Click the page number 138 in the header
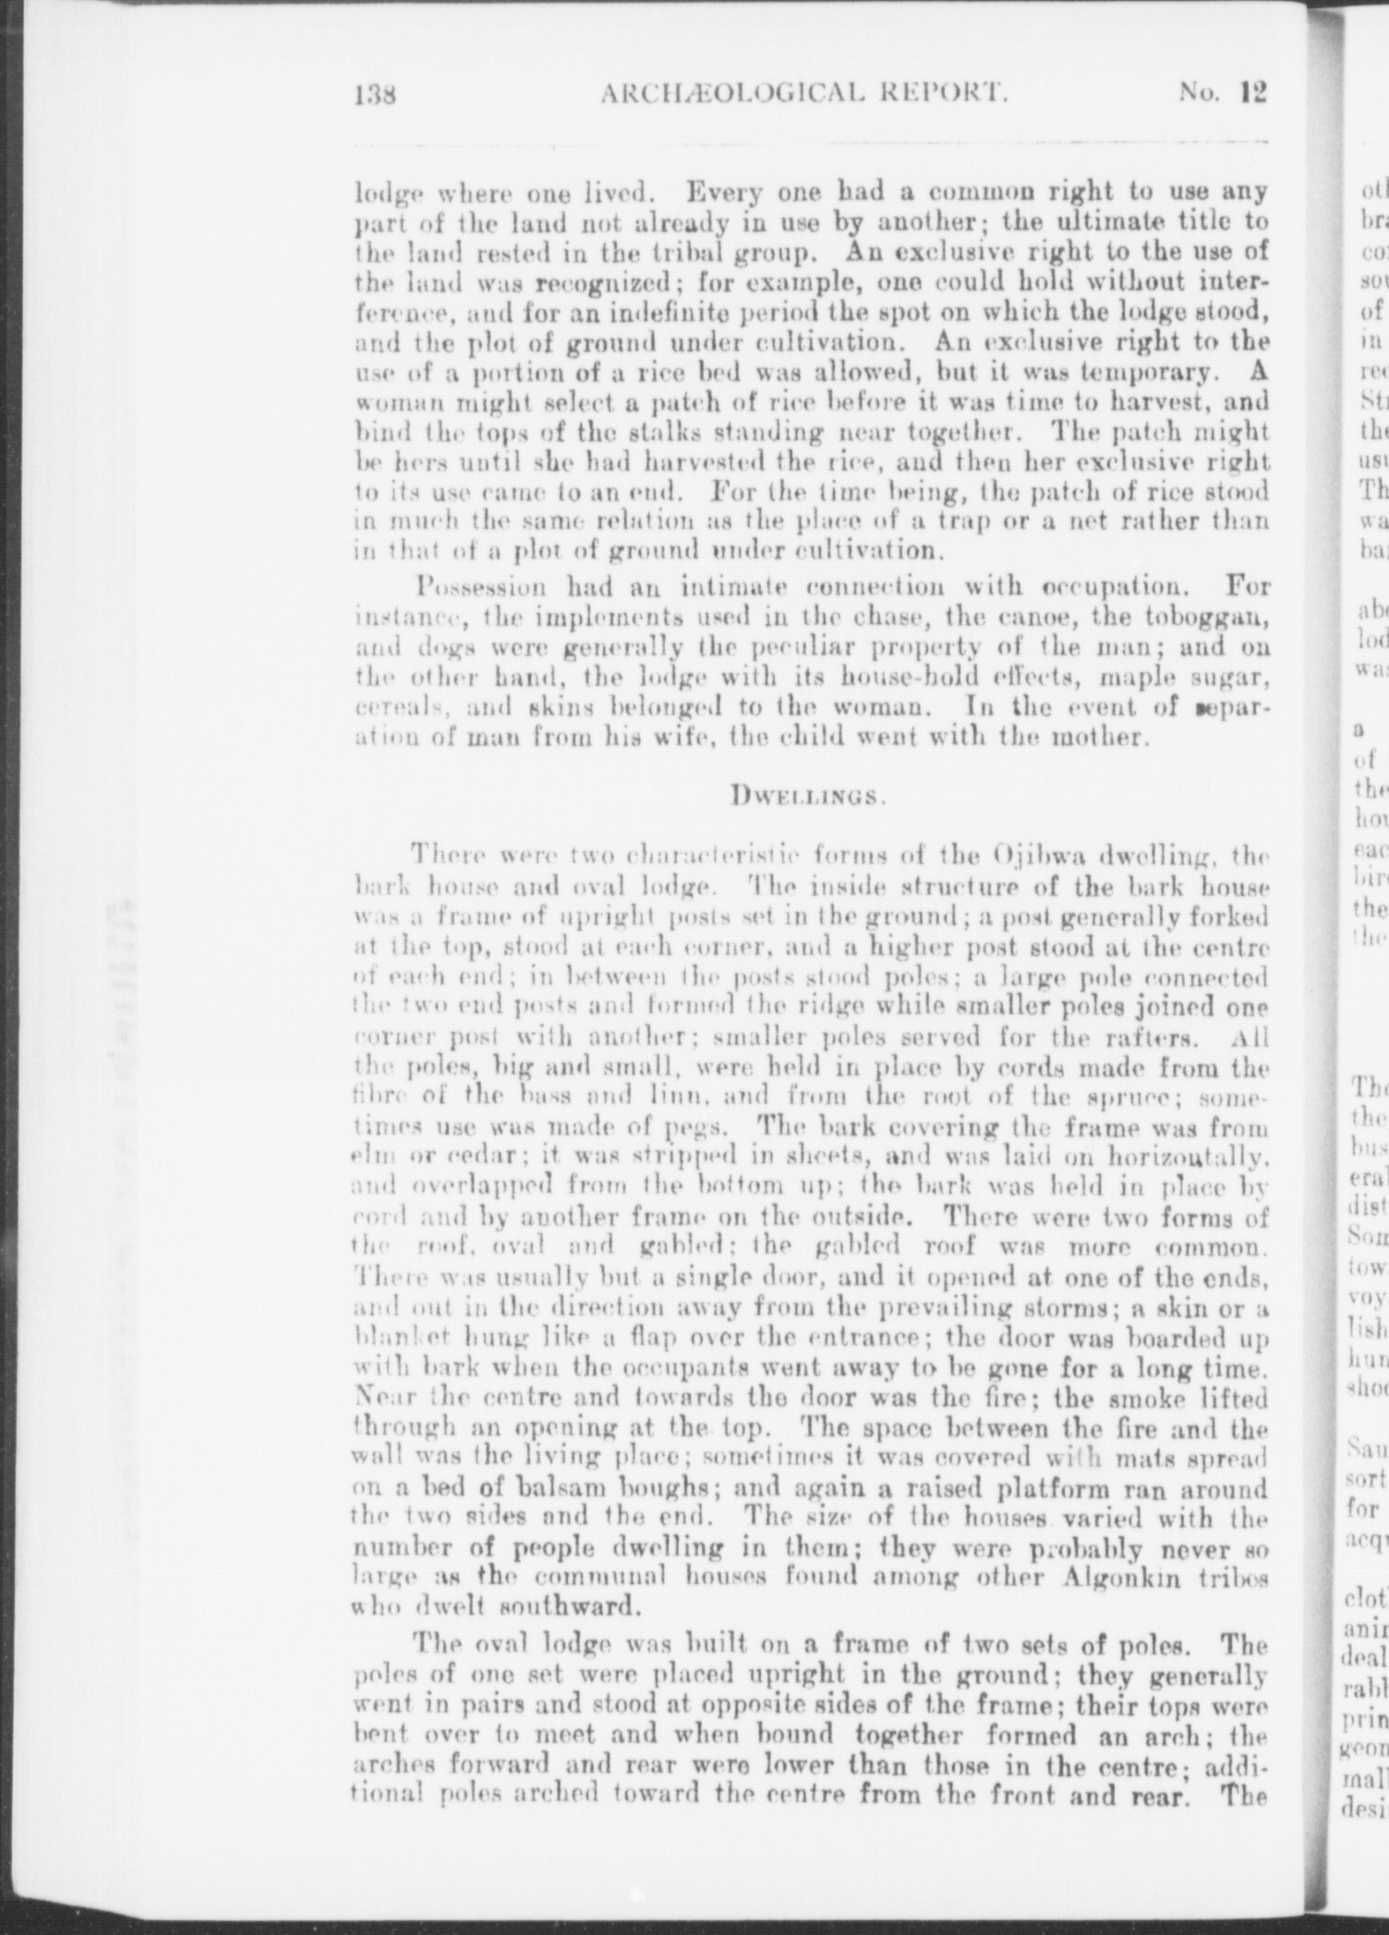click(x=375, y=94)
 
